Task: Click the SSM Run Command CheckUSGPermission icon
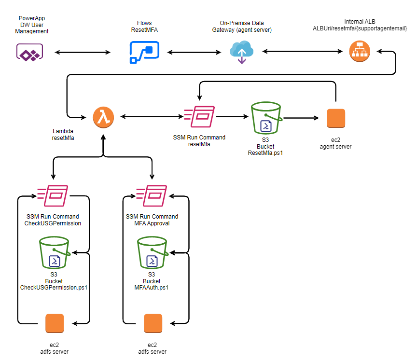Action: coord(53,196)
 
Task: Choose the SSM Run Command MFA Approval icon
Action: coord(152,196)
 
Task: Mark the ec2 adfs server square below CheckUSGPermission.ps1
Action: coord(55,323)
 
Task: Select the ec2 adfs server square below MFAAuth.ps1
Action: coord(153,323)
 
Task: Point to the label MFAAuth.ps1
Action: coord(152,287)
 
